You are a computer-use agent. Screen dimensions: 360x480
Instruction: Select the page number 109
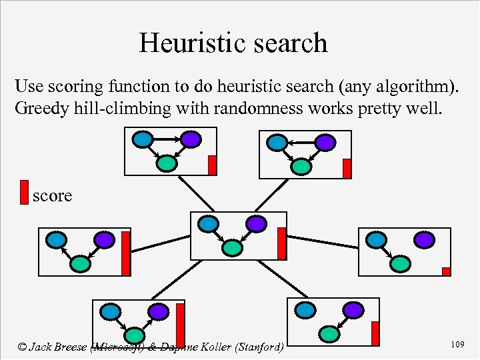point(457,344)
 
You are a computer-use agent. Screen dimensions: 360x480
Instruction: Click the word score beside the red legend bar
point(52,195)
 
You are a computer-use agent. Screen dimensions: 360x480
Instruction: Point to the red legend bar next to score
point(24,191)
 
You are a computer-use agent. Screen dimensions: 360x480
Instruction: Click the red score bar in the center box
point(281,243)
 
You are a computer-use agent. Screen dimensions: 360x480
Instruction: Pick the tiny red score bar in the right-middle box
point(446,271)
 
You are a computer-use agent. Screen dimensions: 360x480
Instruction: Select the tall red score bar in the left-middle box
point(125,253)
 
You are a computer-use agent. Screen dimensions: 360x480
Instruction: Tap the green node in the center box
point(232,247)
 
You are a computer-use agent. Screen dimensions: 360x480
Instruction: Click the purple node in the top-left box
point(190,139)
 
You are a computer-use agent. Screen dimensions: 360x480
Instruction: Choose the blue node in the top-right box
point(276,142)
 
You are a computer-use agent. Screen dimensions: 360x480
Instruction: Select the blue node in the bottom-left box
point(110,311)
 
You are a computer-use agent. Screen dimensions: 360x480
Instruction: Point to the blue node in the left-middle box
point(56,239)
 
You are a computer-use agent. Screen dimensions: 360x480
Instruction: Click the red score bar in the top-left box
point(212,165)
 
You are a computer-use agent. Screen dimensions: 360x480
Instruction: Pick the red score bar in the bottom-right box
point(375,333)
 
